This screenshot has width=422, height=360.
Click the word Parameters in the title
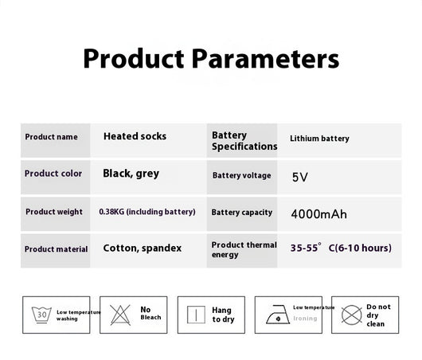click(x=265, y=59)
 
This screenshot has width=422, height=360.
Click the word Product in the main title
click(x=134, y=58)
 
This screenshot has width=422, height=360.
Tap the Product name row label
click(x=51, y=137)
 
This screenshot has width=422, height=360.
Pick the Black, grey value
click(x=131, y=174)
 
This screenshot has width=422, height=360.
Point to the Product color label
click(x=53, y=174)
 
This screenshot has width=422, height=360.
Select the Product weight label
click(x=54, y=212)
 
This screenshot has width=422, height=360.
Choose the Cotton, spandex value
click(x=143, y=248)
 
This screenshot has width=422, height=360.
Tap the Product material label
click(x=56, y=249)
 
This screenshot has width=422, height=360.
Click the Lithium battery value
click(x=319, y=139)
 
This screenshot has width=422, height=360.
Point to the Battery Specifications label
click(x=244, y=141)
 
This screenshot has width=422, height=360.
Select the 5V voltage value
click(x=300, y=177)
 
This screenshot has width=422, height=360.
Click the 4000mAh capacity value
click(x=319, y=214)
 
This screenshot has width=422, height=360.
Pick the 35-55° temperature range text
click(x=306, y=248)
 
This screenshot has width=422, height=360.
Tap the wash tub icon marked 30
click(x=41, y=315)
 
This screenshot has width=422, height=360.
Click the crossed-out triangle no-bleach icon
click(x=120, y=315)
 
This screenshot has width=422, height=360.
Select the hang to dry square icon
click(x=196, y=315)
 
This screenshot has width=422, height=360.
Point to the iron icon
click(x=278, y=315)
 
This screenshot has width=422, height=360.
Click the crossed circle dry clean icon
click(x=351, y=315)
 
